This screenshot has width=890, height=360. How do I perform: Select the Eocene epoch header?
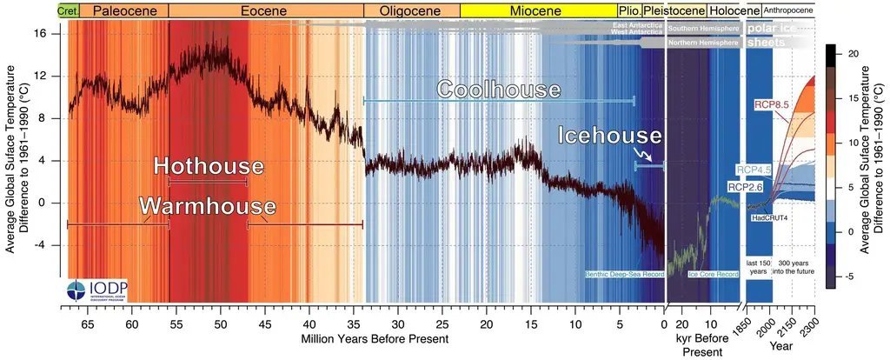tap(266, 10)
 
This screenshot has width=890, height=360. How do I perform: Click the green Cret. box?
tap(69, 10)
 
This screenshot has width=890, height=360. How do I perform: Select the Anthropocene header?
tap(789, 10)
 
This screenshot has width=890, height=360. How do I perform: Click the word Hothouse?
tap(209, 166)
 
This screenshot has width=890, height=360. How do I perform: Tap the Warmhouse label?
tap(209, 207)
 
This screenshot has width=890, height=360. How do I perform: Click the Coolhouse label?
tap(499, 90)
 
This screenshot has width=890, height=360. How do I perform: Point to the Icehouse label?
tap(610, 137)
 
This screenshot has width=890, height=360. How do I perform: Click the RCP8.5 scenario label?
tap(771, 105)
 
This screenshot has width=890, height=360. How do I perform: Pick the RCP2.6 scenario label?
tap(745, 186)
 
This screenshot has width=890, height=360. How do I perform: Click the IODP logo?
tap(91, 290)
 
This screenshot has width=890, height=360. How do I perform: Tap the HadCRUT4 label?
tap(768, 215)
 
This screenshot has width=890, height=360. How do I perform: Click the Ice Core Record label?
tap(714, 275)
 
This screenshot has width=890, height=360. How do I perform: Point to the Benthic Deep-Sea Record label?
tap(626, 275)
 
